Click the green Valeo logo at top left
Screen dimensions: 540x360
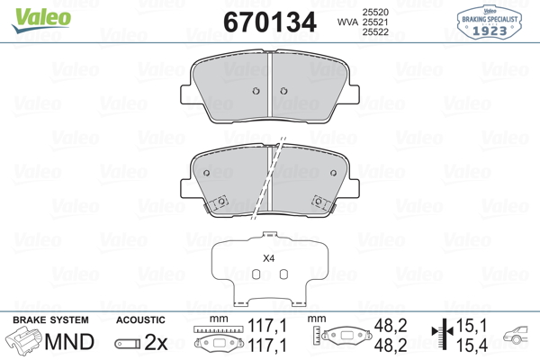pos(41,20)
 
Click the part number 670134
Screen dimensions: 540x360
pos(270,22)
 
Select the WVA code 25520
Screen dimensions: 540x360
pos(375,12)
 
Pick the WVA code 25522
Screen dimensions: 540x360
pos(375,32)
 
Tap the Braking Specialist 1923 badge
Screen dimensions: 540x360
pos(489,22)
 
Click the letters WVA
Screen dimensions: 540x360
pos(347,22)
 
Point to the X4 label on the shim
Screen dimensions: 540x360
pos(268,258)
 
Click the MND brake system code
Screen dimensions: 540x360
pos(69,342)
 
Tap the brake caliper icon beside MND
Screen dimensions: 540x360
pos(23,340)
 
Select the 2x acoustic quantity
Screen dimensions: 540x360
pos(156,342)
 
